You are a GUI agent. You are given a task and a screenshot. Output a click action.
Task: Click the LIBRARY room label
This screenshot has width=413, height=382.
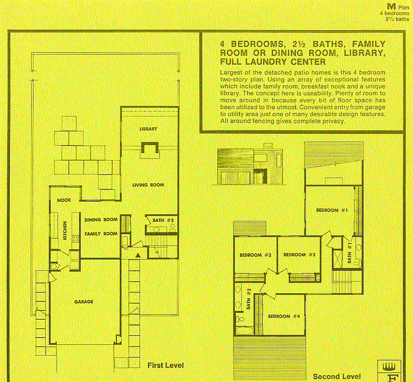click(148, 129)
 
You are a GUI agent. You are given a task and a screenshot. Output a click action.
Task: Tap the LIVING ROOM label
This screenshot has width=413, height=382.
click(148, 185)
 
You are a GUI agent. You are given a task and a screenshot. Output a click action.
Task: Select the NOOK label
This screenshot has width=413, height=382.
click(64, 200)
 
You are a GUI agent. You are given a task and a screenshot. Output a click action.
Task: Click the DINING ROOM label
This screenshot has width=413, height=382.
click(101, 219)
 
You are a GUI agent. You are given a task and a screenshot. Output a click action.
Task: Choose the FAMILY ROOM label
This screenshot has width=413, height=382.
click(101, 234)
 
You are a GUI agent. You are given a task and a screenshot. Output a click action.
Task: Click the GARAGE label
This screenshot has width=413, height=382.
click(83, 301)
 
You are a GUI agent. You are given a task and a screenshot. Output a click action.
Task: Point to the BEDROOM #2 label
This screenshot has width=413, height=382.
click(256, 255)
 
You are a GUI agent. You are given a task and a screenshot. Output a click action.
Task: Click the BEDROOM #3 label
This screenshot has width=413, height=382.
click(299, 255)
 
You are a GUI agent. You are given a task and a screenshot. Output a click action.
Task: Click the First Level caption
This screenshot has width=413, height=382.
click(165, 365)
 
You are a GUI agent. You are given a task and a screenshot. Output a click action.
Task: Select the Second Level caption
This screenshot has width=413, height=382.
click(337, 376)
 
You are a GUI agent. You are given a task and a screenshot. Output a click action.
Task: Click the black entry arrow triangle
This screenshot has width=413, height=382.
click(138, 255)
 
